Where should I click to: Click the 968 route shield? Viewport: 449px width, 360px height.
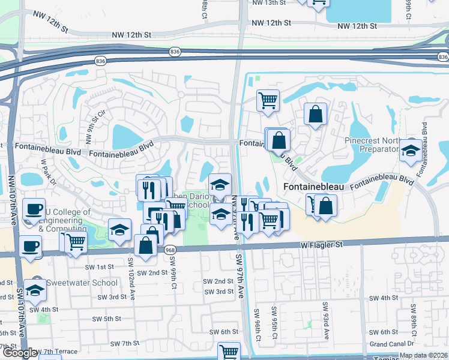click(170, 250)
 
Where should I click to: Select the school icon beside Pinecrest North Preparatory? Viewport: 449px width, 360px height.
click(411, 151)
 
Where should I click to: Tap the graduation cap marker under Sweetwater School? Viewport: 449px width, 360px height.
click(35, 290)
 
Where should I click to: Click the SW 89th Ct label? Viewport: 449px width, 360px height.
click(414, 319)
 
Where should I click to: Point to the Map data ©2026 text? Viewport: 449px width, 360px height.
click(423, 355)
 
